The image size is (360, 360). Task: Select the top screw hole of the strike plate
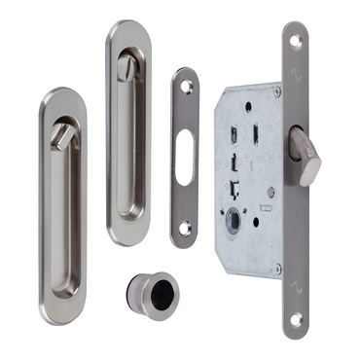coord(186,87)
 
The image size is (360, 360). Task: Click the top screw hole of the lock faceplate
coord(296,41)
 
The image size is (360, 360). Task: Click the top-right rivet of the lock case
coord(276,92)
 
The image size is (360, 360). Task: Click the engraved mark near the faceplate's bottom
coord(297,288)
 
